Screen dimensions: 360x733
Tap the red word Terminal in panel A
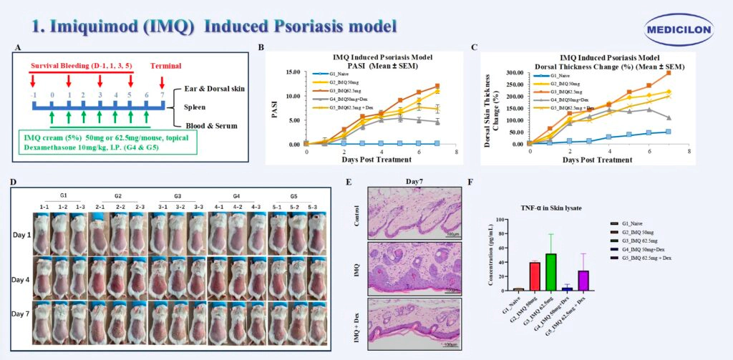point(165,65)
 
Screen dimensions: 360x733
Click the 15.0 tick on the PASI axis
point(292,72)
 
